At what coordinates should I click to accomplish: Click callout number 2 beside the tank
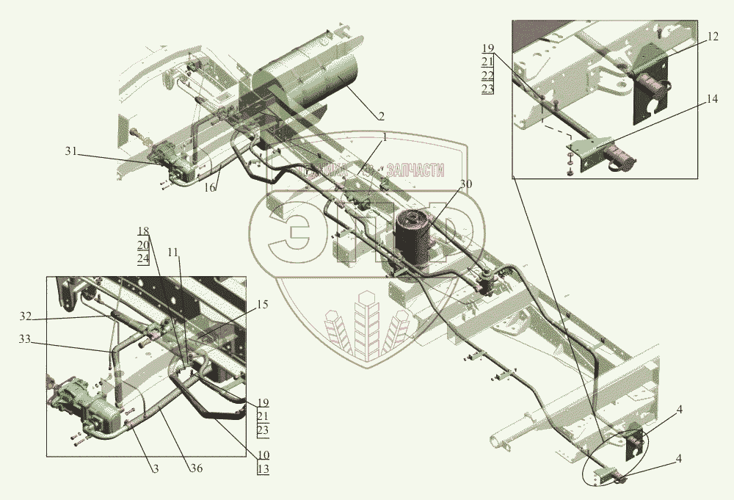click(x=381, y=115)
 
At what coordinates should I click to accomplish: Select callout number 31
click(x=70, y=151)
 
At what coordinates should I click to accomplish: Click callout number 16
click(x=209, y=189)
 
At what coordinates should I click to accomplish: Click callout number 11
click(x=172, y=252)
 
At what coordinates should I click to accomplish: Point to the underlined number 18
click(x=142, y=231)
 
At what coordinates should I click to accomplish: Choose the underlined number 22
click(x=488, y=76)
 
